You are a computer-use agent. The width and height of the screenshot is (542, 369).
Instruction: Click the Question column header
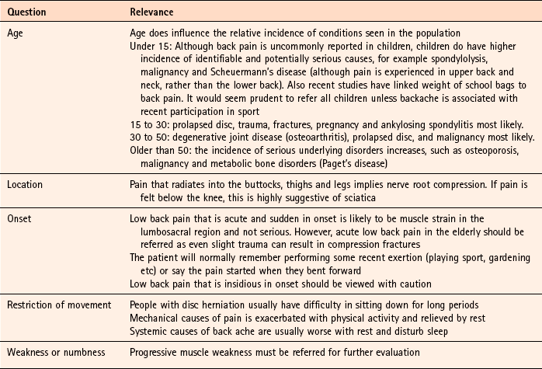[26, 13]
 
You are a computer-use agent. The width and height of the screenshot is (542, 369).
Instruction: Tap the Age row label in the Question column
[16, 33]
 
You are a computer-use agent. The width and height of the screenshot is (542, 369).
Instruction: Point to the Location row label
[26, 185]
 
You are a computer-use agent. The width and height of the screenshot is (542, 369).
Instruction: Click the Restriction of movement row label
[57, 305]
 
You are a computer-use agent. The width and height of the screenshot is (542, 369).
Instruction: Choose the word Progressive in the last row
[157, 352]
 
